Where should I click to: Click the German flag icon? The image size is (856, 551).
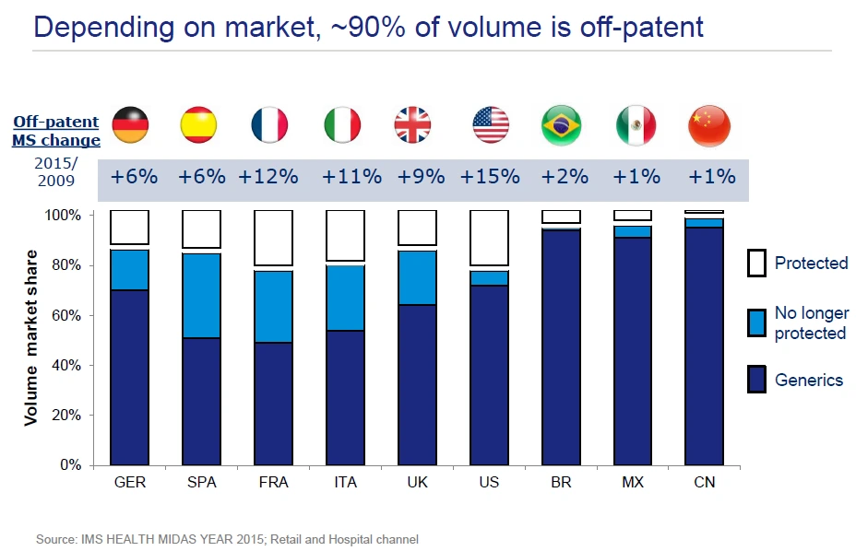(130, 125)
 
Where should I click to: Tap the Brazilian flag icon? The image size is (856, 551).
(561, 125)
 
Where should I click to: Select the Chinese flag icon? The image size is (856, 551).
(708, 125)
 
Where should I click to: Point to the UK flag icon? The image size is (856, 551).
(412, 125)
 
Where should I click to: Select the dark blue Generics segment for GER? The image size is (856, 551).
(130, 377)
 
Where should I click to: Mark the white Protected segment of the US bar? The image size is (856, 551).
(489, 238)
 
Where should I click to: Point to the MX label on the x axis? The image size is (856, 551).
(633, 483)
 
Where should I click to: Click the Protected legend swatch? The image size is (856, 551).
(756, 264)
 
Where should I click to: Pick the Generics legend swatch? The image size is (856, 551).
(756, 380)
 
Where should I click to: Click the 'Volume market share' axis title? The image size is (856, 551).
(33, 337)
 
